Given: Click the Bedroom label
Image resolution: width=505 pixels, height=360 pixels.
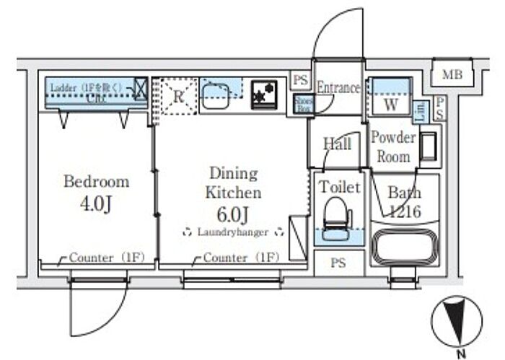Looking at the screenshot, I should pyautogui.click(x=96, y=181).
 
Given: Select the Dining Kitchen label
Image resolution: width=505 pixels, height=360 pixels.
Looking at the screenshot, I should pyautogui.click(x=233, y=183).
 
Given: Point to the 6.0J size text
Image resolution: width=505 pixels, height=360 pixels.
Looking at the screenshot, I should pyautogui.click(x=233, y=214).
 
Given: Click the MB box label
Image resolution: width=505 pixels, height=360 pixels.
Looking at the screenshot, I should pyautogui.click(x=452, y=74).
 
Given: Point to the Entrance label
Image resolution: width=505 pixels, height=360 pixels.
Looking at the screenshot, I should pyautogui.click(x=338, y=88).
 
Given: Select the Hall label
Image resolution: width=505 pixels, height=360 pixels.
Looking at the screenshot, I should pyautogui.click(x=337, y=144).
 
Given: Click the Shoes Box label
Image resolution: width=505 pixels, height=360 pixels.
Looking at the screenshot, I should pyautogui.click(x=302, y=105).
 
